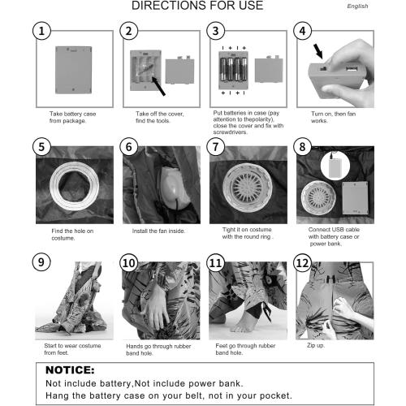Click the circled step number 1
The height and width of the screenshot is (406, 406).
pos(41,31)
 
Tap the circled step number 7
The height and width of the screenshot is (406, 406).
pos(215,147)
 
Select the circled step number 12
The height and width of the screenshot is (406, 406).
pos(303,262)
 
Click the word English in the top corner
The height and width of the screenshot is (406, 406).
pos(357,6)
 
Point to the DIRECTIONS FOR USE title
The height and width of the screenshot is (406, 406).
pos(197,6)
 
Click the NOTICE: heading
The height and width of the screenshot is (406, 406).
pos(70,370)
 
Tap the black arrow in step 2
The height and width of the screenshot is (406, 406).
pos(158,86)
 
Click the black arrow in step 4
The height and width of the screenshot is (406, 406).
pos(318,51)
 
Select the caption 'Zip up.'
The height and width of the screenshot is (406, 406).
pos(316,345)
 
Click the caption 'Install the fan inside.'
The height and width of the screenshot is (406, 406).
pos(158,231)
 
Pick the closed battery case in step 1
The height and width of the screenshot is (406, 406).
pos(74,70)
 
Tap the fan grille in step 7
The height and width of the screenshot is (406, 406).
pos(247,186)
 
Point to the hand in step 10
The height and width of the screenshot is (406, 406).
pos(157,309)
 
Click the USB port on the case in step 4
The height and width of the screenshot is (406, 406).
pos(352,68)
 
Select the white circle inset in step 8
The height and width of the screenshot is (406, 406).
pos(335,166)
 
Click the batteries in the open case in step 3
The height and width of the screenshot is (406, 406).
pos(233,70)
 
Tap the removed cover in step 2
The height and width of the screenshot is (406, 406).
pos(179,71)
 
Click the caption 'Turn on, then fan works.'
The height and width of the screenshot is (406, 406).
pos(333,117)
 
